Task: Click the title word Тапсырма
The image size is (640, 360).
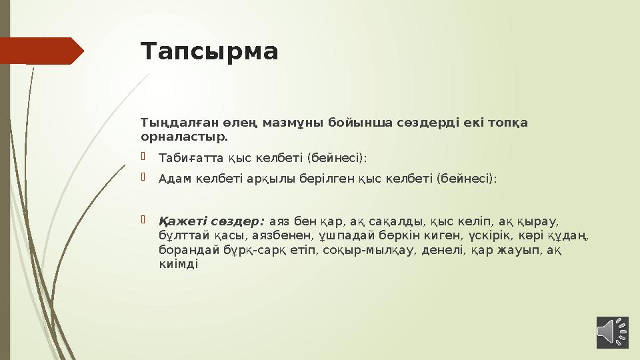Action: click(x=209, y=51)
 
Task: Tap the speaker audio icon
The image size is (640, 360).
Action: click(x=612, y=332)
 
